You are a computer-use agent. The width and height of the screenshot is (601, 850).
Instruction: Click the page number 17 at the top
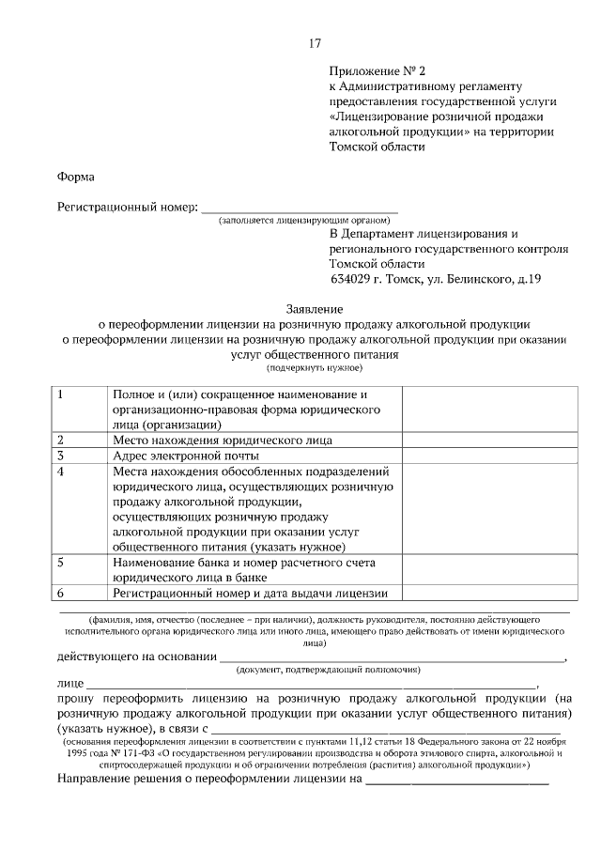pyautogui.click(x=316, y=43)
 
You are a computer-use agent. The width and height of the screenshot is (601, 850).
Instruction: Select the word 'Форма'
pyautogui.click(x=75, y=176)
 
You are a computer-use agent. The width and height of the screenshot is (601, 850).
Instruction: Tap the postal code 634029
pyautogui.click(x=353, y=279)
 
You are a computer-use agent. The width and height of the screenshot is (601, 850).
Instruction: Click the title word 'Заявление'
pyautogui.click(x=315, y=308)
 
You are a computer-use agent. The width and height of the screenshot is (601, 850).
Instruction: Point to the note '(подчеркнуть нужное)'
pyautogui.click(x=314, y=369)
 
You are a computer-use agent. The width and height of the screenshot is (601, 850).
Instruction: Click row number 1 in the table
pyautogui.click(x=61, y=394)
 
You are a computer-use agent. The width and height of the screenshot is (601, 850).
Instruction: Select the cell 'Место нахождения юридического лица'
pyautogui.click(x=222, y=439)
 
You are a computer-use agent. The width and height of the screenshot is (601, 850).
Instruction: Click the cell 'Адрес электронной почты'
pyautogui.click(x=185, y=456)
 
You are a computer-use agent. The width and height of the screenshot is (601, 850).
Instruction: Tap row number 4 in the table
pyautogui.click(x=61, y=471)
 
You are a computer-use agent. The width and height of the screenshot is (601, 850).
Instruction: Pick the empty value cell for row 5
pyautogui.click(x=485, y=569)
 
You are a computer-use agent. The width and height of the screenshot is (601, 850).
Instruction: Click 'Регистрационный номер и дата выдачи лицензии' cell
pyautogui.click(x=249, y=593)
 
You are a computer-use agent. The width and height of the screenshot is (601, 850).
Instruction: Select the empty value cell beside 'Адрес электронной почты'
pyautogui.click(x=485, y=456)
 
